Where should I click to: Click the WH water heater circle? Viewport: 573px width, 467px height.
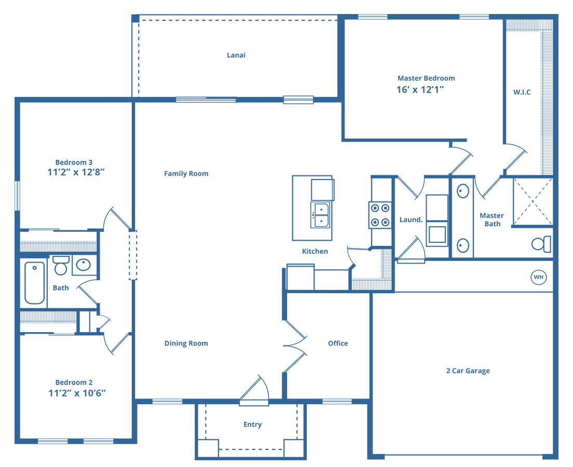click(538, 277)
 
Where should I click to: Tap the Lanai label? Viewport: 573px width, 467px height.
click(236, 55)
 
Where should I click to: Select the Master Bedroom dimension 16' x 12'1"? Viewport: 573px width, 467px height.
click(420, 90)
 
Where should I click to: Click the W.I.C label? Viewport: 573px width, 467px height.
click(522, 92)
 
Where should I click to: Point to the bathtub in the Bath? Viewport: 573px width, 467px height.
click(35, 283)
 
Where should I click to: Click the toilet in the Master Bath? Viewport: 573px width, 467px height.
click(541, 244)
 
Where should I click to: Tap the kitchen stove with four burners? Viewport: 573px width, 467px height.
click(380, 215)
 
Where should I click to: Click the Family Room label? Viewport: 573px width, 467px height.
click(186, 174)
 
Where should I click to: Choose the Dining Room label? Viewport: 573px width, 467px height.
click(186, 344)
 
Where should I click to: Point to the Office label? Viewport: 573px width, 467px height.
click(338, 344)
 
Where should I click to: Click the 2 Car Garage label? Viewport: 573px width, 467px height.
click(468, 371)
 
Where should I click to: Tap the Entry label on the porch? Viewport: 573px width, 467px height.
click(253, 424)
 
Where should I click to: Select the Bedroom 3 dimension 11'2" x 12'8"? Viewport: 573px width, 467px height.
click(76, 172)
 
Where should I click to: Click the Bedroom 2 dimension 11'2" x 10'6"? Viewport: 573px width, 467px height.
click(77, 393)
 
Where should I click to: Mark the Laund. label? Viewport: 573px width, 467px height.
click(411, 219)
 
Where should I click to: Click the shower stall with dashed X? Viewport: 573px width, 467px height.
click(533, 201)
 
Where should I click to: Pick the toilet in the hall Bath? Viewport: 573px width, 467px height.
click(61, 265)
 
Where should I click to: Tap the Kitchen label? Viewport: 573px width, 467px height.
click(315, 252)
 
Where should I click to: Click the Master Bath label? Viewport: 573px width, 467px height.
click(492, 219)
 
